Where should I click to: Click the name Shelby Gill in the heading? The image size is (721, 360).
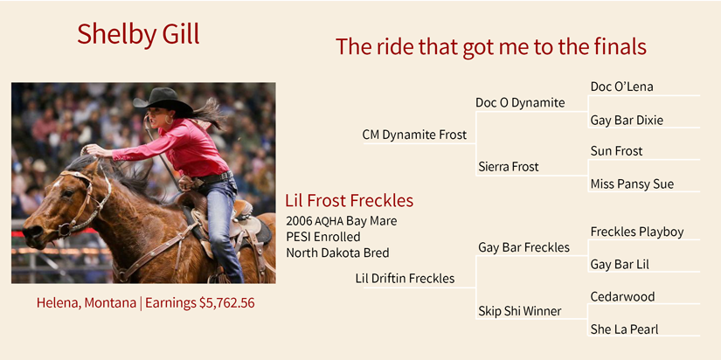138,34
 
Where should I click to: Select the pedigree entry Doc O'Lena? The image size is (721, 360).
621,87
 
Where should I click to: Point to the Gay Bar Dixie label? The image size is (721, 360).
627,121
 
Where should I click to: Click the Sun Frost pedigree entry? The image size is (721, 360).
616,151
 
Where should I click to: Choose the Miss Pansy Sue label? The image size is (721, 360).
632,183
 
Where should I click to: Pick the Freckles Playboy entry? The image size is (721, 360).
637,232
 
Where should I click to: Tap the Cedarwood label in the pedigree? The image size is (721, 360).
622,296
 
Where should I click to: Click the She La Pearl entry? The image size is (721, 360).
624,329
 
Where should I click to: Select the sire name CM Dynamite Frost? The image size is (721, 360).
414,135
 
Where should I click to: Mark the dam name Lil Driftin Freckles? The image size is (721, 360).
405,278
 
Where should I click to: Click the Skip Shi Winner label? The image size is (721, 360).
520,311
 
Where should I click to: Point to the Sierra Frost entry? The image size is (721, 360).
508,166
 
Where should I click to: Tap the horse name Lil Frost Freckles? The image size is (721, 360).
349,200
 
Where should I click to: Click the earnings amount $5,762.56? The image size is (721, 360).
226,303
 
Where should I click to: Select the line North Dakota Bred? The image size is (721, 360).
337,253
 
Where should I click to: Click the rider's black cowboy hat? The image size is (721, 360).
163,100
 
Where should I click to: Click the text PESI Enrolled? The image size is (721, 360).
322,237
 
